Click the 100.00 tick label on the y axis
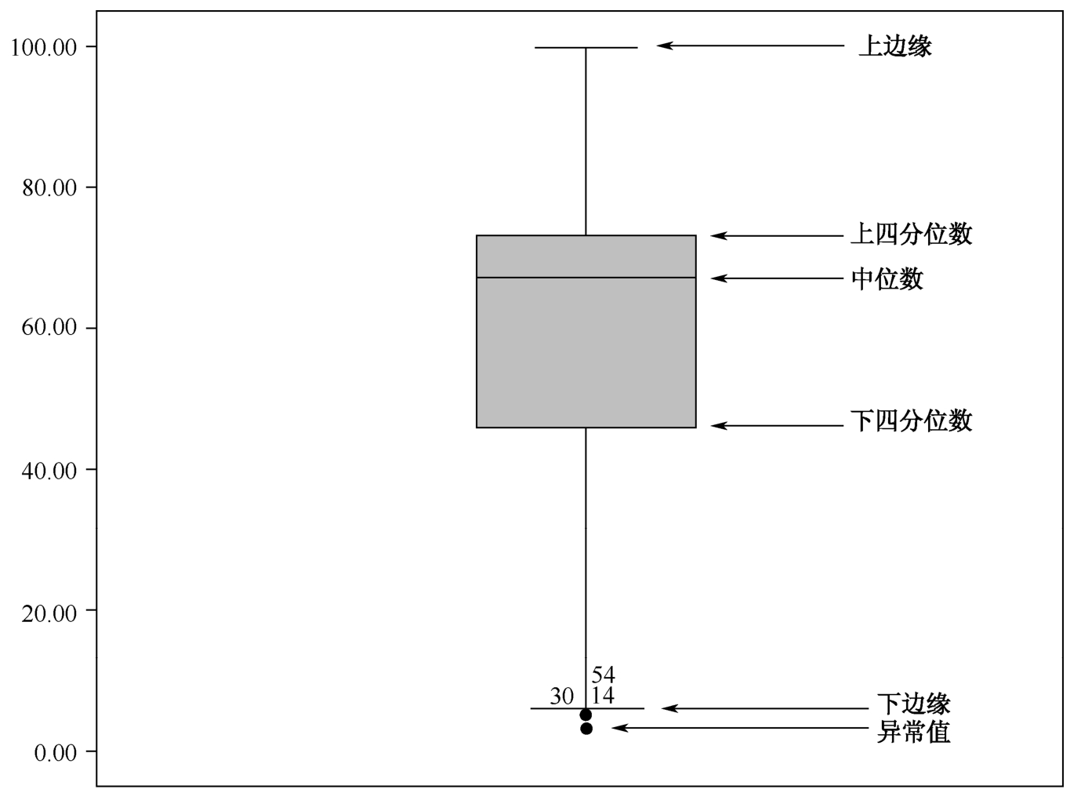click(44, 48)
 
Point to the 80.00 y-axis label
click(49, 188)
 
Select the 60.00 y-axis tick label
click(49, 327)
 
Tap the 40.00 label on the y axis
click(49, 471)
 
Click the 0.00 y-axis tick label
click(56, 752)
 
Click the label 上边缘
click(895, 46)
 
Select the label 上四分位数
click(911, 234)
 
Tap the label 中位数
click(887, 279)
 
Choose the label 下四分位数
click(911, 420)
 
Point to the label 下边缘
click(913, 704)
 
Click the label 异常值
click(913, 732)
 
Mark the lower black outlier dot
click(586, 728)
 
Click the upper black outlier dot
click(586, 715)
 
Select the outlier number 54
click(603, 675)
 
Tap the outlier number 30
click(561, 697)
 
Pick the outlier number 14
click(603, 696)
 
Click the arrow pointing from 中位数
click(777, 278)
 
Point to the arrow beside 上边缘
click(750, 45)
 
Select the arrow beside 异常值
click(740, 728)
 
